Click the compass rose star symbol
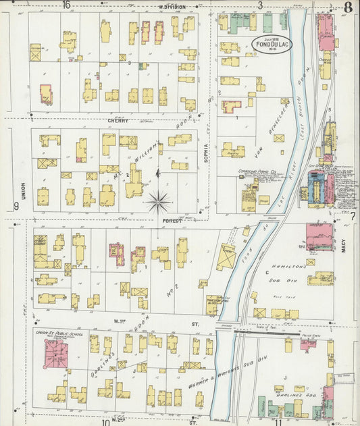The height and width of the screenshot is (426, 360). [159, 200]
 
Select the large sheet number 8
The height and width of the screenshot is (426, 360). [347, 8]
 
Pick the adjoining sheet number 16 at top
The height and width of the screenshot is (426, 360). [66, 5]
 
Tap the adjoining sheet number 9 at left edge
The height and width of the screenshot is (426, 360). [16, 207]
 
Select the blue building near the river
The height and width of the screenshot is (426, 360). [315, 186]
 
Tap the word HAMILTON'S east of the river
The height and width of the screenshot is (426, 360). [289, 268]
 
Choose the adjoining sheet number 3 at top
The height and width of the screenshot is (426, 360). [259, 5]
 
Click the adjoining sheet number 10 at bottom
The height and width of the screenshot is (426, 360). [106, 422]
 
